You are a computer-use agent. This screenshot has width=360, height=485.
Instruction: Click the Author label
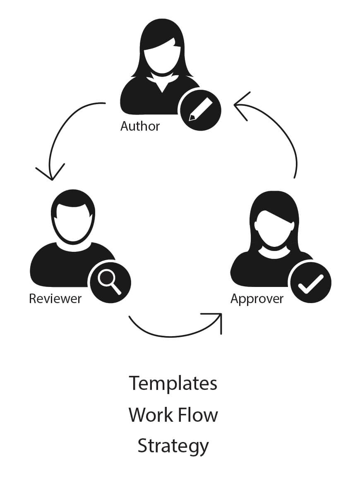click(140, 126)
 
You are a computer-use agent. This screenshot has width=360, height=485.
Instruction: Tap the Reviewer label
click(55, 299)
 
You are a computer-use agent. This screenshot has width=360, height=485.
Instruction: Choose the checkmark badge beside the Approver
click(310, 282)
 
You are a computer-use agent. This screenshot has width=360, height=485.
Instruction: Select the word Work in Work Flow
click(147, 415)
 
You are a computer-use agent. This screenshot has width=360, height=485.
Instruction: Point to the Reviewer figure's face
click(73, 223)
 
